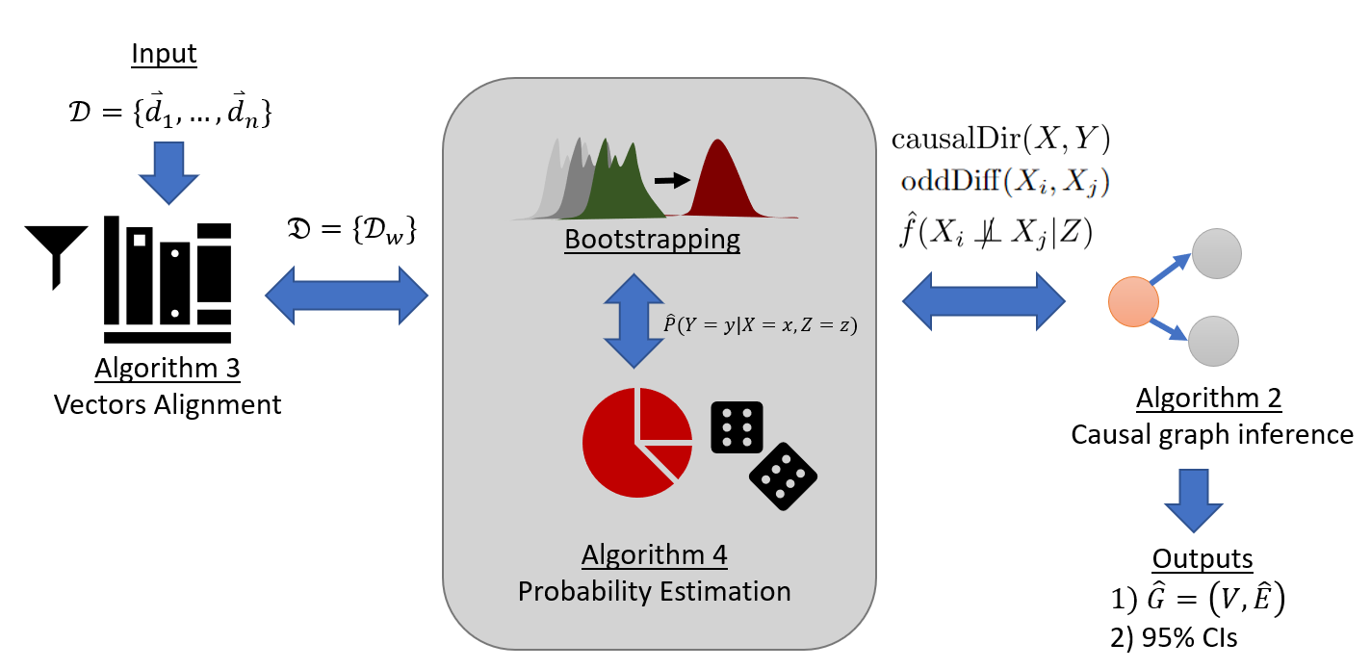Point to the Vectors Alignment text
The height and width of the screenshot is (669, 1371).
point(168,403)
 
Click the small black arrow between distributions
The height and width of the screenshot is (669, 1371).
point(671,179)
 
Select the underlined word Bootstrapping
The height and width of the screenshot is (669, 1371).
point(654,239)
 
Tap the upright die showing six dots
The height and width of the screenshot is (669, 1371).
point(737,426)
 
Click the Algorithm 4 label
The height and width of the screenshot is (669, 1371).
point(655,555)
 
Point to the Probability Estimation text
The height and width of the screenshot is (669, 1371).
point(655,590)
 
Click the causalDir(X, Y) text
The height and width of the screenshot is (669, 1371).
point(1001,140)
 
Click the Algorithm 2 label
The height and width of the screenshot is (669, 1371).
point(1209,398)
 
